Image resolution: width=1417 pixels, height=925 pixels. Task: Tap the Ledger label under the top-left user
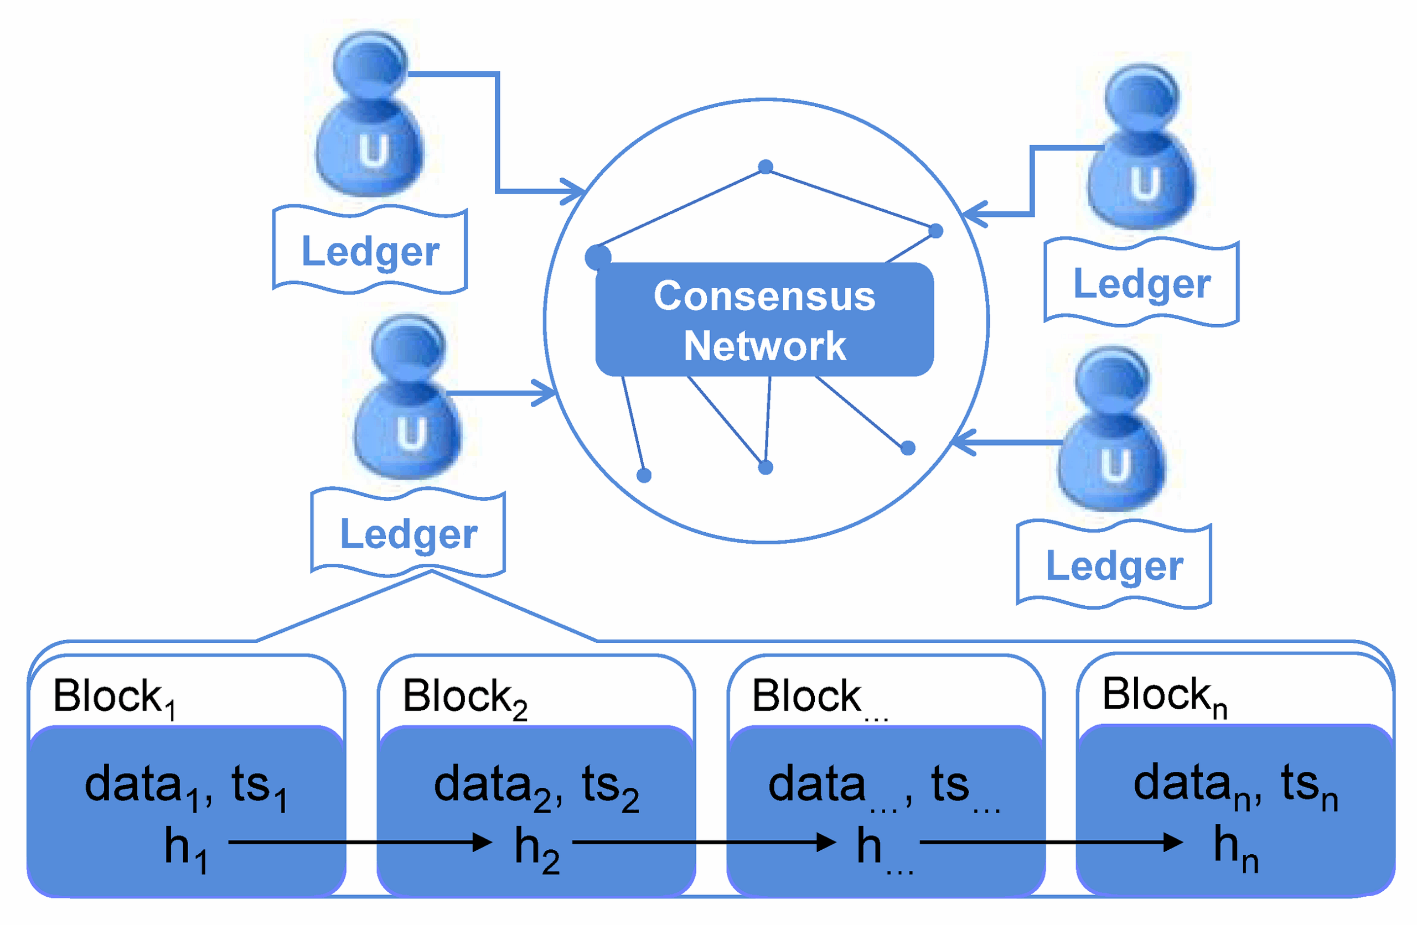[370, 251]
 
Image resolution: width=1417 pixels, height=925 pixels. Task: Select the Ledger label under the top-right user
[1142, 284]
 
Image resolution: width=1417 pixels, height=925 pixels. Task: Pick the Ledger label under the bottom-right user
[1115, 565]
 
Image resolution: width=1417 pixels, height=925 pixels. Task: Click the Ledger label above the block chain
[408, 534]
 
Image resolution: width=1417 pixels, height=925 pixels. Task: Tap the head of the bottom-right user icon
[1113, 381]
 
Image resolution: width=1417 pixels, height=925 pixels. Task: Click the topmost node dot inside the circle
[766, 167]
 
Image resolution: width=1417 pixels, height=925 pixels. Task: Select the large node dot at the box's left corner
[598, 257]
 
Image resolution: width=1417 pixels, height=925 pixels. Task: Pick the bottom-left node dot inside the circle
[644, 475]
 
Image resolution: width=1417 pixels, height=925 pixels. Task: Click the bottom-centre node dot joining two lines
[766, 467]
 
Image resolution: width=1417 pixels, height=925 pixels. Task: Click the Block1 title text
[113, 697]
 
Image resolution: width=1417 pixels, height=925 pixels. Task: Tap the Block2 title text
[464, 697]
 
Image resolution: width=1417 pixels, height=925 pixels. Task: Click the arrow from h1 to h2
[360, 842]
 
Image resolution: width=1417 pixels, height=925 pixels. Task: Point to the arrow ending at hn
[1051, 842]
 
